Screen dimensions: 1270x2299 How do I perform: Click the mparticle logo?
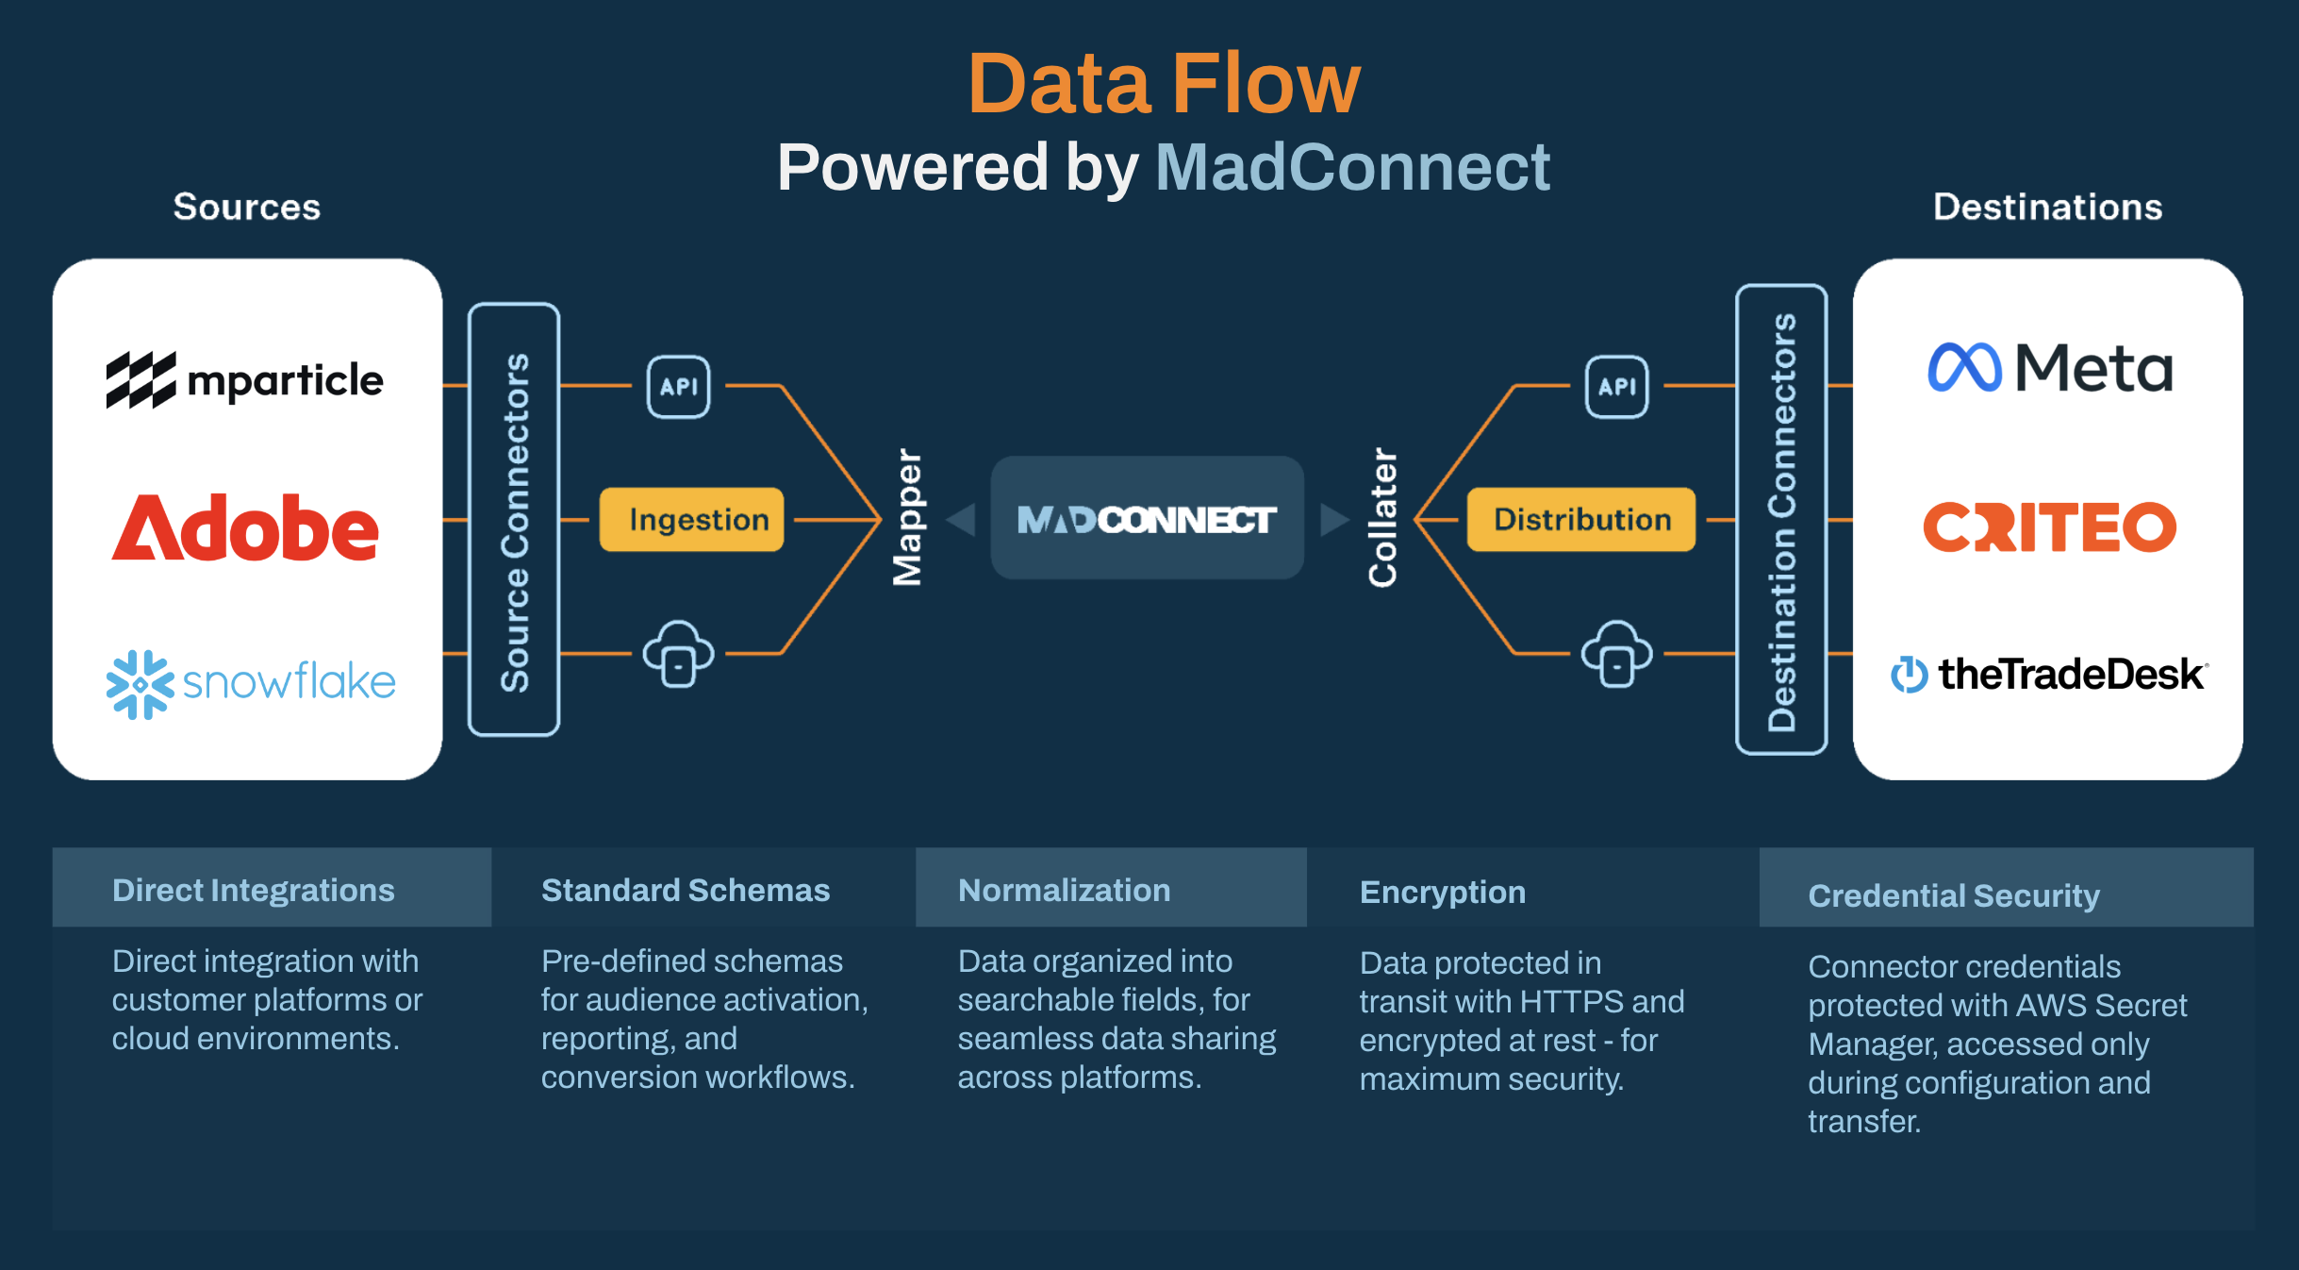[x=245, y=380]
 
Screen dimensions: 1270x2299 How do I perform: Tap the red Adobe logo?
[x=245, y=527]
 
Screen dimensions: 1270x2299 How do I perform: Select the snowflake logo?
[x=251, y=682]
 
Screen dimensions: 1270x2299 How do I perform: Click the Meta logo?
[x=2050, y=368]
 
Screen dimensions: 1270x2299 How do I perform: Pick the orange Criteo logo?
[x=2049, y=526]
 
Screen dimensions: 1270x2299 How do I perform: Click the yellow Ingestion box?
[x=692, y=520]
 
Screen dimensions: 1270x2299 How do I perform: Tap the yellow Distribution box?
[x=1581, y=520]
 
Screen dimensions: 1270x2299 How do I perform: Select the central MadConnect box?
[x=1147, y=519]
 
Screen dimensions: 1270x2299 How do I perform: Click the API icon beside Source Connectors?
[x=678, y=387]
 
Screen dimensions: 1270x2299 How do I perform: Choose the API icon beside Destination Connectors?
[x=1616, y=387]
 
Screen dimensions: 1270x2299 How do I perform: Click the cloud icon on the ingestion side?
[x=678, y=653]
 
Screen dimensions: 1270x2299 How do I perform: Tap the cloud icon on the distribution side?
[x=1616, y=653]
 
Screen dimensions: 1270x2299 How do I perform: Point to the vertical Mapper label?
[x=907, y=517]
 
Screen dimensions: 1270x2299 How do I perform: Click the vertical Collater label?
[x=1382, y=517]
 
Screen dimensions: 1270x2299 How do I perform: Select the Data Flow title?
[x=1164, y=85]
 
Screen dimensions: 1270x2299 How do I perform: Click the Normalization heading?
[x=1064, y=891]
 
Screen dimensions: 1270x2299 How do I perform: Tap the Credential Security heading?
[x=1953, y=895]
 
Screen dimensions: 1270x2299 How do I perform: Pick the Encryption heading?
[x=1442, y=893]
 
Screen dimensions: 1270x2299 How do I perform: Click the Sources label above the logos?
[x=247, y=208]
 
